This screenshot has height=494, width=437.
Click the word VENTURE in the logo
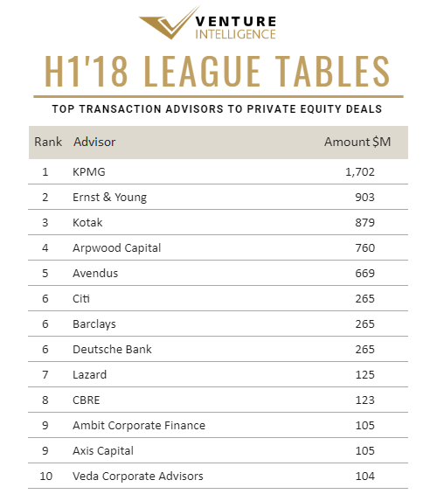pos(236,22)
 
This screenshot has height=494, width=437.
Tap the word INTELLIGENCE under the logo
pos(235,34)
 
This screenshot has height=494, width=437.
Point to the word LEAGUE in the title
pos(202,71)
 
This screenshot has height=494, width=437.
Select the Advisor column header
pos(94,142)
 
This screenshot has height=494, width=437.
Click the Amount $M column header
pos(357,142)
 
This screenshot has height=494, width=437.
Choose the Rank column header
pos(48,142)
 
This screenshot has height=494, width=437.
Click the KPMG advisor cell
pos(89,171)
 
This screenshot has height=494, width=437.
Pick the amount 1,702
pos(360,172)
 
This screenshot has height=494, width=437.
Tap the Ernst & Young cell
pos(109,198)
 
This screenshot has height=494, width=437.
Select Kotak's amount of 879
pos(365,222)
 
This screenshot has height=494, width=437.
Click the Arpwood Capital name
pos(117,248)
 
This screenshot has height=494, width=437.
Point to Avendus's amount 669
pos(365,273)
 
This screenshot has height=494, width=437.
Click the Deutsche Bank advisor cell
pos(112,349)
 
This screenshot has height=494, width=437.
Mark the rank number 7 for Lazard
pos(45,374)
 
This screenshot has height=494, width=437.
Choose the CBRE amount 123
pos(365,400)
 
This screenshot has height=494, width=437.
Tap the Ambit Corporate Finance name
pos(139,425)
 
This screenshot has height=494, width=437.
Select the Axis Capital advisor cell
pos(103,451)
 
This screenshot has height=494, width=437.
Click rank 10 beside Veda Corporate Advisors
pos(46,476)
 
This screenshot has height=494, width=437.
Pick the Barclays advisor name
pos(94,324)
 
